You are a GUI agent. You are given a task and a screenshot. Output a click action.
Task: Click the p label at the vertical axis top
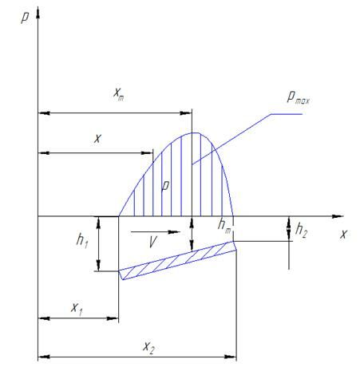(25, 18)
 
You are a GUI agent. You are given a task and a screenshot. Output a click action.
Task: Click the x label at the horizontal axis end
(343, 235)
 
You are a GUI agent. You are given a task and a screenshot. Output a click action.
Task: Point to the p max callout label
(298, 97)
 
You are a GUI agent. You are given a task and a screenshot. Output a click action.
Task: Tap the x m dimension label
(118, 93)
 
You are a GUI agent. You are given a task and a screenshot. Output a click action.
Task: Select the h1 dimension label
(82, 241)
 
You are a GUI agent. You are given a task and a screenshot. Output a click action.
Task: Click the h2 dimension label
(301, 230)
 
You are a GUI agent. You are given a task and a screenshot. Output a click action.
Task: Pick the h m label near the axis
(224, 226)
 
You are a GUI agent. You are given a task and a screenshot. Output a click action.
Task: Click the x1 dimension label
(77, 309)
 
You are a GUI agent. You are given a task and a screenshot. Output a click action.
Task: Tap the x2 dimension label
(148, 347)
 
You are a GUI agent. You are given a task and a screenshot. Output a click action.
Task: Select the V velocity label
(152, 242)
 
